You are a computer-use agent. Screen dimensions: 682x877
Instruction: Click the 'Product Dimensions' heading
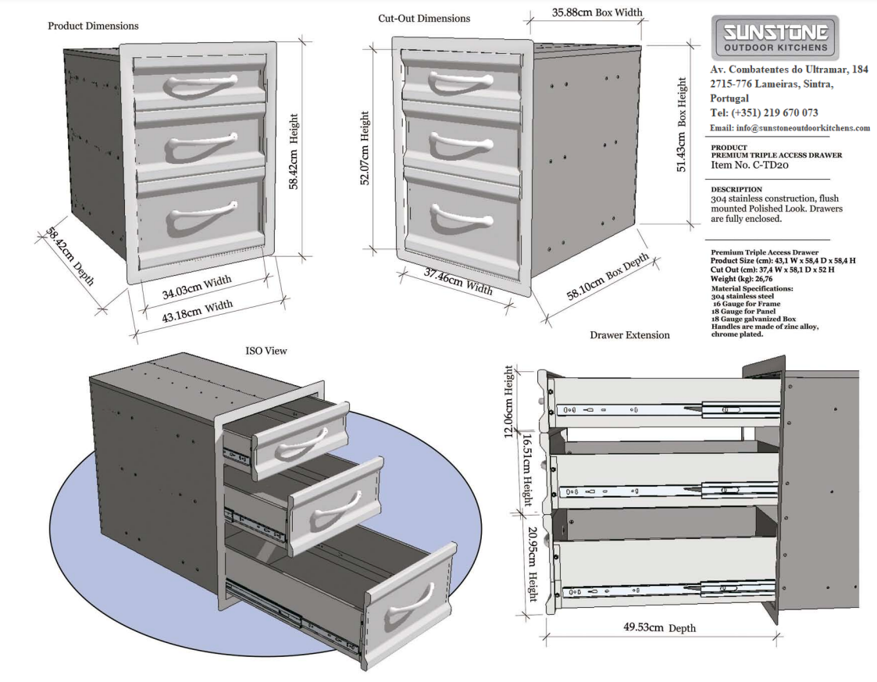tap(93, 26)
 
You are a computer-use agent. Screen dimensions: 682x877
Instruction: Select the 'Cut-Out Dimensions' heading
tap(424, 18)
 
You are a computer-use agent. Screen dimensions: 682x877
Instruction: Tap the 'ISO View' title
tap(266, 352)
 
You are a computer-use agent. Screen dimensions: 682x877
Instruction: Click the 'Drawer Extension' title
tap(629, 335)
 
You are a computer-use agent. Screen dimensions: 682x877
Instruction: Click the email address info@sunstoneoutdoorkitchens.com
tap(789, 128)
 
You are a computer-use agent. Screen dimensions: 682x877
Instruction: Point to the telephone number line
tap(763, 113)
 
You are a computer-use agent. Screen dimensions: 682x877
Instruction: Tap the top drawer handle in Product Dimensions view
tap(201, 84)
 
